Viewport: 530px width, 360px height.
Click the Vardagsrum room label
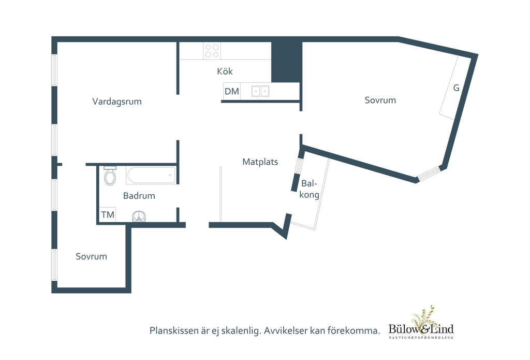(117, 102)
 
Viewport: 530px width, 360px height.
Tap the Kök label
(225, 71)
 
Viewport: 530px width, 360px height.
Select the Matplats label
(260, 162)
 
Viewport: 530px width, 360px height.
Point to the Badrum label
(139, 196)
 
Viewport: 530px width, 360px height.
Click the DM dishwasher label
(232, 91)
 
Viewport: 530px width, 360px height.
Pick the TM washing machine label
(108, 214)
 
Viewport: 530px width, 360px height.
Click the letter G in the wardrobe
(457, 88)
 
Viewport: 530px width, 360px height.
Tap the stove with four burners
(212, 51)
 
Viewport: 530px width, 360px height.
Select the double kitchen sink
(260, 91)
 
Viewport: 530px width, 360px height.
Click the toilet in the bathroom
(110, 176)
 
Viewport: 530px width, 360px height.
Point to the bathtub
(151, 175)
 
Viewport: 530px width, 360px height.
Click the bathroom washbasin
(139, 216)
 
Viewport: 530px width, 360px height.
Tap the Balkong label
(309, 189)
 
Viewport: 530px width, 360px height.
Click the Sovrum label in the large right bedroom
(380, 100)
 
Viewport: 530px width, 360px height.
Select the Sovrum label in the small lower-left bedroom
(91, 256)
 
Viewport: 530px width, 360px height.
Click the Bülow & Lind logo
(421, 323)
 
